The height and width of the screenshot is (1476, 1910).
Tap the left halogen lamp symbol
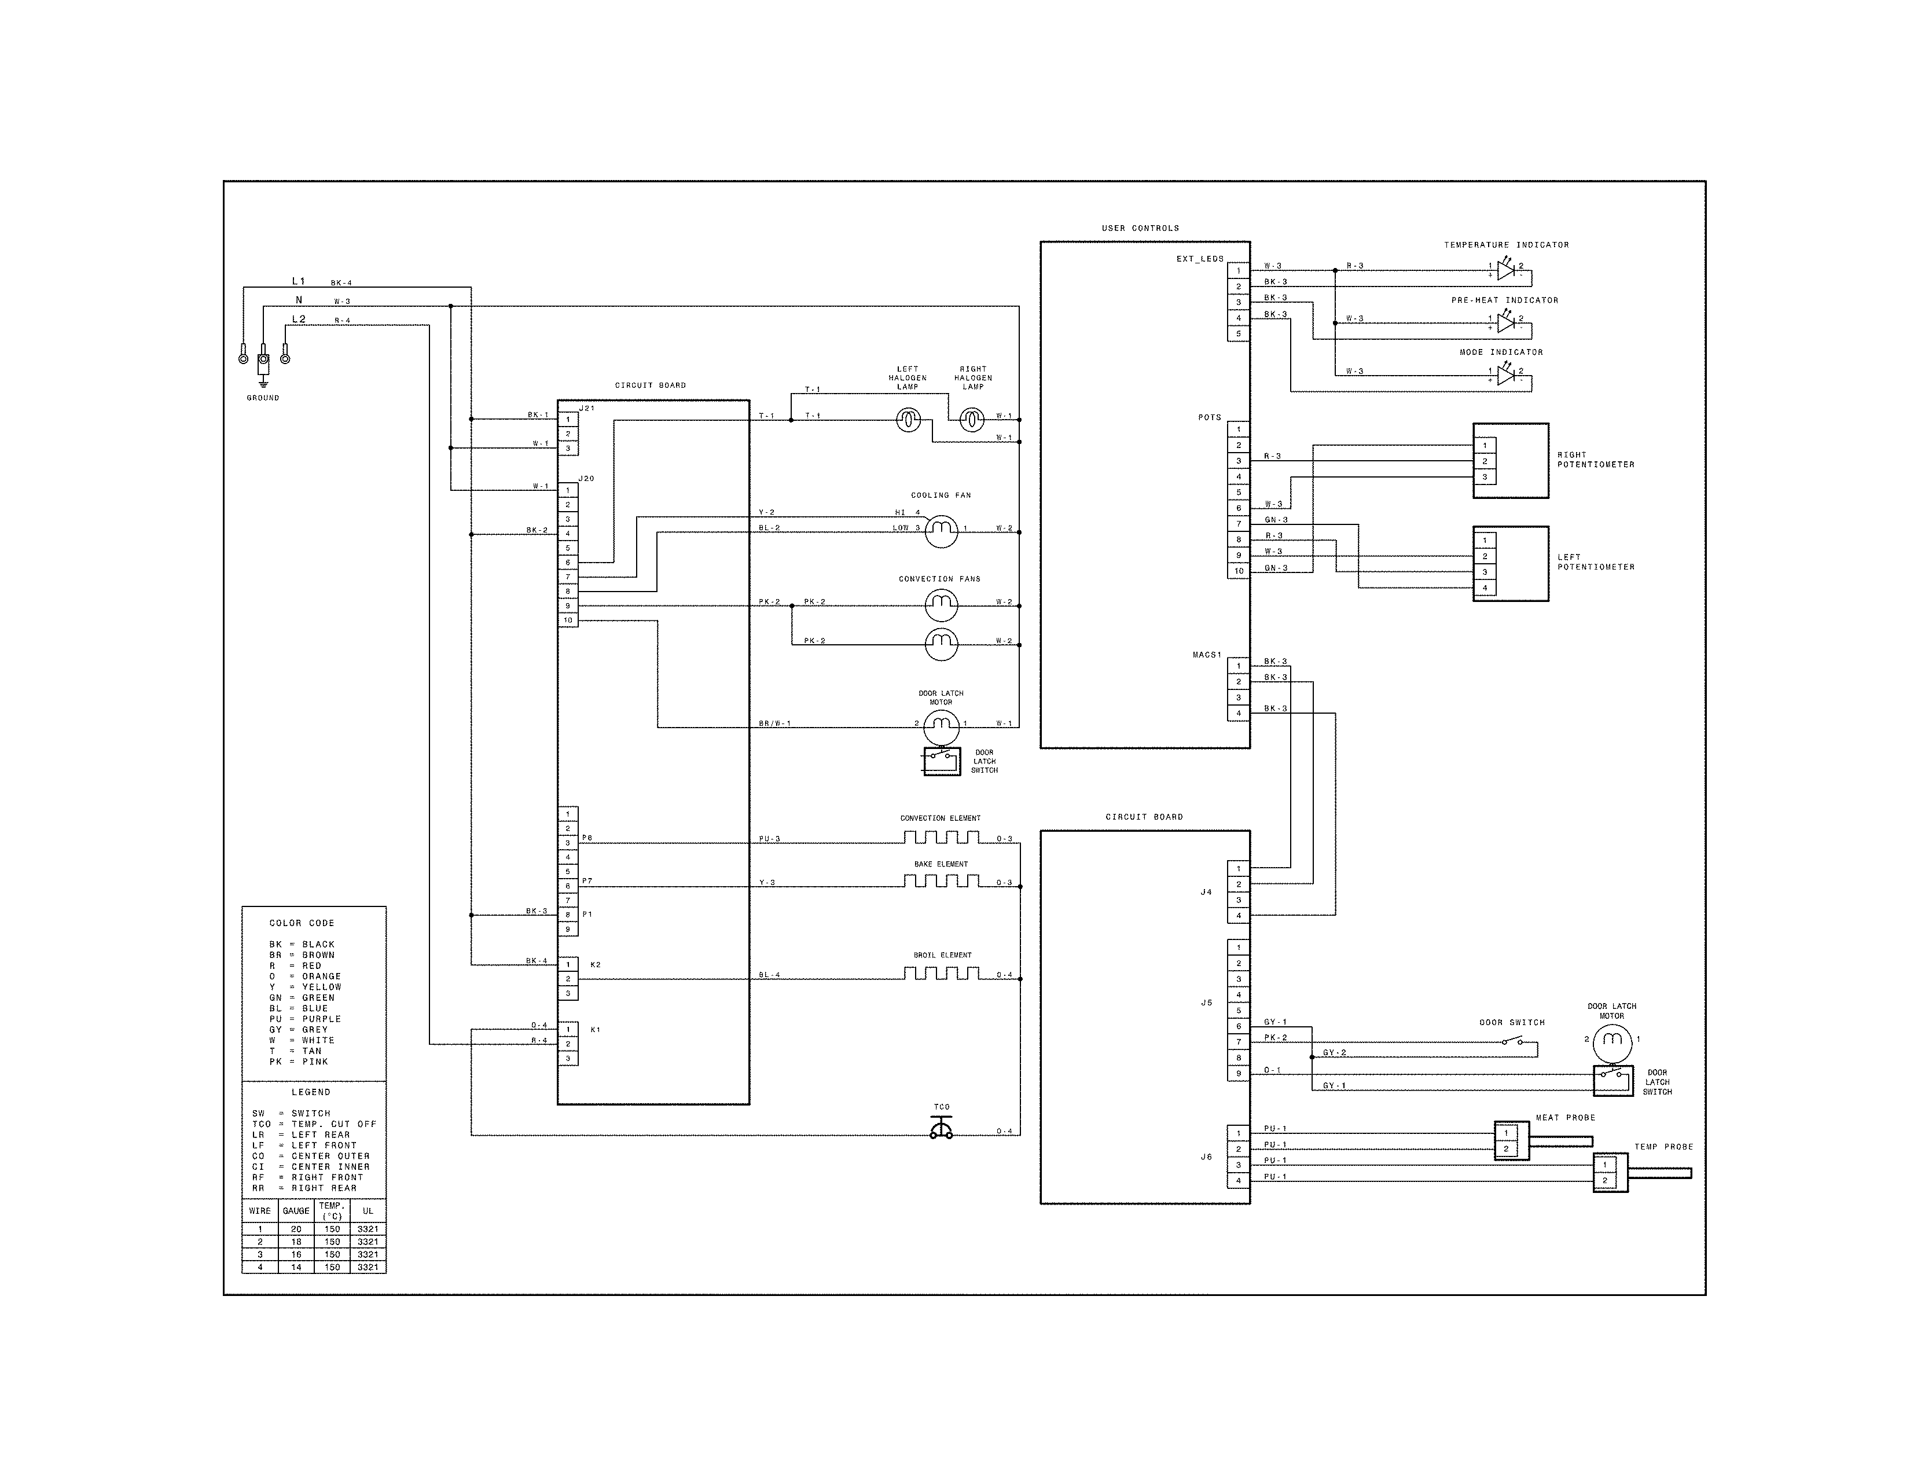pos(909,421)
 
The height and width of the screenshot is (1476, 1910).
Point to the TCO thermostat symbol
pos(941,1130)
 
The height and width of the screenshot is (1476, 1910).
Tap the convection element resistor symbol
pos(941,837)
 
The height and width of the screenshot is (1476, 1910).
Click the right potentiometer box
pos(1510,461)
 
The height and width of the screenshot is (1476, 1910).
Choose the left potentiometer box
pos(1510,563)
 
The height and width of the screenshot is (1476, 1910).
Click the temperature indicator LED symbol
pos(1505,270)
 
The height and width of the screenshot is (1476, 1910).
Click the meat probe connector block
pos(1511,1140)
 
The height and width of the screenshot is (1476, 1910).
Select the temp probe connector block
pos(1610,1173)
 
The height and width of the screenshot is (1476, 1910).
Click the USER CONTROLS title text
pos(1140,228)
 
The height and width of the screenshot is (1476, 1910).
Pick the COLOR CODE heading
pos(302,923)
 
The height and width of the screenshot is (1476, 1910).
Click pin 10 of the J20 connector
pos(568,620)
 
